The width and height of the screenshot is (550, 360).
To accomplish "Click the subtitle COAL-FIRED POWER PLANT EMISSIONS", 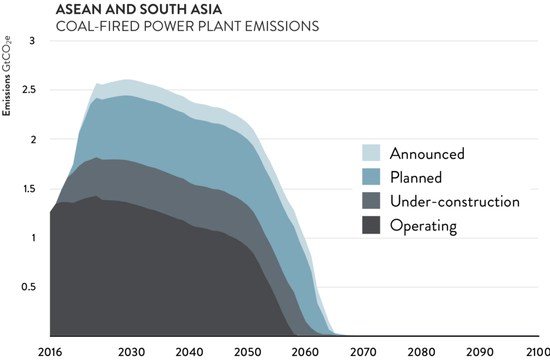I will tap(187, 26).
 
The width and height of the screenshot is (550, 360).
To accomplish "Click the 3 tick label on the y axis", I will tap(31, 41).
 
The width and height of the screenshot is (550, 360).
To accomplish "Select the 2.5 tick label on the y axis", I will tap(28, 90).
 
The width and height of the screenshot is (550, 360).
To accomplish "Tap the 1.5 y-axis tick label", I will tap(28, 189).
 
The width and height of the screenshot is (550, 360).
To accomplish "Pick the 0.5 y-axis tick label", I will tap(28, 287).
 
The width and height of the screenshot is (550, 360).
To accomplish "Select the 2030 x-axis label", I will tap(130, 351).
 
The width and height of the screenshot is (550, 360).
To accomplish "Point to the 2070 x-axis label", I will tap(362, 351).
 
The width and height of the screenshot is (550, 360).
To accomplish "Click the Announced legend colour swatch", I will tap(371, 153).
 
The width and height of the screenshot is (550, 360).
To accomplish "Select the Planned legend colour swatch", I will tap(371, 177).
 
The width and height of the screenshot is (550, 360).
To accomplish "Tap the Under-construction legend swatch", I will tap(371, 201).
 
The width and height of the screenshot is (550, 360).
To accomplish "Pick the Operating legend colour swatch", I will tap(371, 225).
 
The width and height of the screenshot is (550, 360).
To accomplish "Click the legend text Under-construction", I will tap(454, 201).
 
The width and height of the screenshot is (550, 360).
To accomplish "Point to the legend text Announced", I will tap(427, 153).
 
